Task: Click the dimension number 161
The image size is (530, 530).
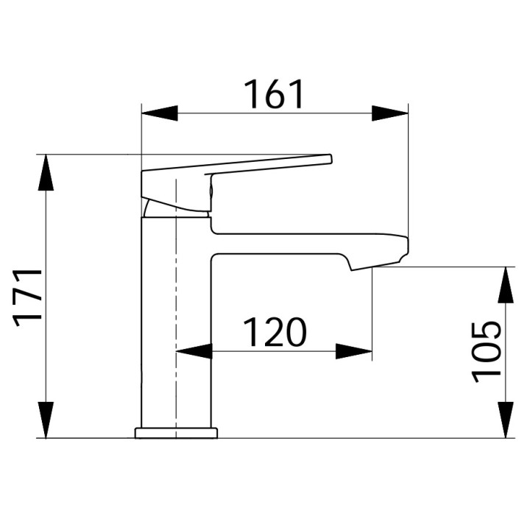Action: click(x=274, y=93)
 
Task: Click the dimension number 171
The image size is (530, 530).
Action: click(x=29, y=296)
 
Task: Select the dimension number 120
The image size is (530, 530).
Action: click(x=274, y=333)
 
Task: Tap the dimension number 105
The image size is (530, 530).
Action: click(x=487, y=351)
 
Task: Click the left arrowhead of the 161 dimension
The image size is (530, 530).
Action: click(x=159, y=113)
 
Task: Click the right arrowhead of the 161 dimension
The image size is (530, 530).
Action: click(x=389, y=113)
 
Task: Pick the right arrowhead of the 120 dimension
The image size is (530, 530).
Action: click(x=354, y=352)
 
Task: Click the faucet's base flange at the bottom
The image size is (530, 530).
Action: click(x=177, y=433)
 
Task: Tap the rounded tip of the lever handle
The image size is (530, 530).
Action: click(x=328, y=158)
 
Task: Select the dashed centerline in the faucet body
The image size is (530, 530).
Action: click(x=177, y=309)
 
